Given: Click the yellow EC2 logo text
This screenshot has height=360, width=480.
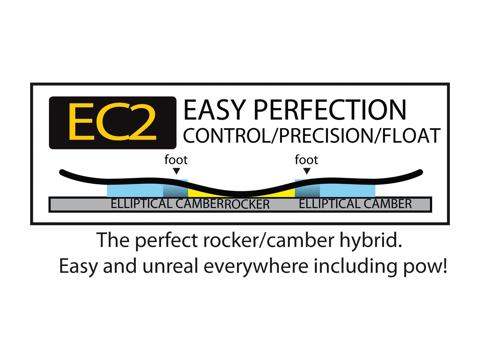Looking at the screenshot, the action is pyautogui.click(x=112, y=121).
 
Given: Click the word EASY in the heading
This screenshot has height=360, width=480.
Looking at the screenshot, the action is pyautogui.click(x=214, y=110).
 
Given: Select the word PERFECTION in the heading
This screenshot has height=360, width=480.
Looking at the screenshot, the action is pyautogui.click(x=330, y=110).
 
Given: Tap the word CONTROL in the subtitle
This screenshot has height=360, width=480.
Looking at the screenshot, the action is pyautogui.click(x=227, y=136).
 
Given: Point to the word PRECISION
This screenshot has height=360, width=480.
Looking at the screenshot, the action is pyautogui.click(x=326, y=136).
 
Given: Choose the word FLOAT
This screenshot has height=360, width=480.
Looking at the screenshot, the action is pyautogui.click(x=411, y=136).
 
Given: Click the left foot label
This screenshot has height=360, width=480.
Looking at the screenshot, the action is pyautogui.click(x=176, y=160).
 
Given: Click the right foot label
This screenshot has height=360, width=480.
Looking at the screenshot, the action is pyautogui.click(x=306, y=160).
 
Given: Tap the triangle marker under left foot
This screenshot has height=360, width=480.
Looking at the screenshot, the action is pyautogui.click(x=176, y=171).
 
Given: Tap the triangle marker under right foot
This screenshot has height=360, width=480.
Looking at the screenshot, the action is pyautogui.click(x=307, y=171).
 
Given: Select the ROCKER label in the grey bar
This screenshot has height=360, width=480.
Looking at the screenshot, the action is pyautogui.click(x=247, y=205).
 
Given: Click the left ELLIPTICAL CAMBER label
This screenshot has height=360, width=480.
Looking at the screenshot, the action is pyautogui.click(x=168, y=204).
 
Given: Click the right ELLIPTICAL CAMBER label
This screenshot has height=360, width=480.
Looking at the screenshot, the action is pyautogui.click(x=355, y=204).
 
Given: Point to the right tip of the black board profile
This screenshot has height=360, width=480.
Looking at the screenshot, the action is pyautogui.click(x=421, y=172).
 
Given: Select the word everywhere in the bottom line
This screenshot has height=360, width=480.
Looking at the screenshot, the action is pyautogui.click(x=256, y=267).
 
